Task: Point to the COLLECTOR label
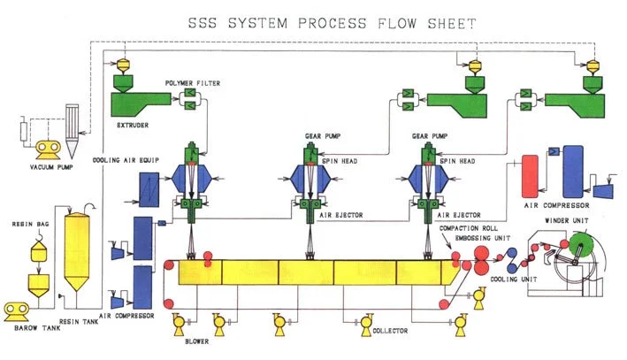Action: point(389,331)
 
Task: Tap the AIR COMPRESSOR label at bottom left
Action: point(128,316)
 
